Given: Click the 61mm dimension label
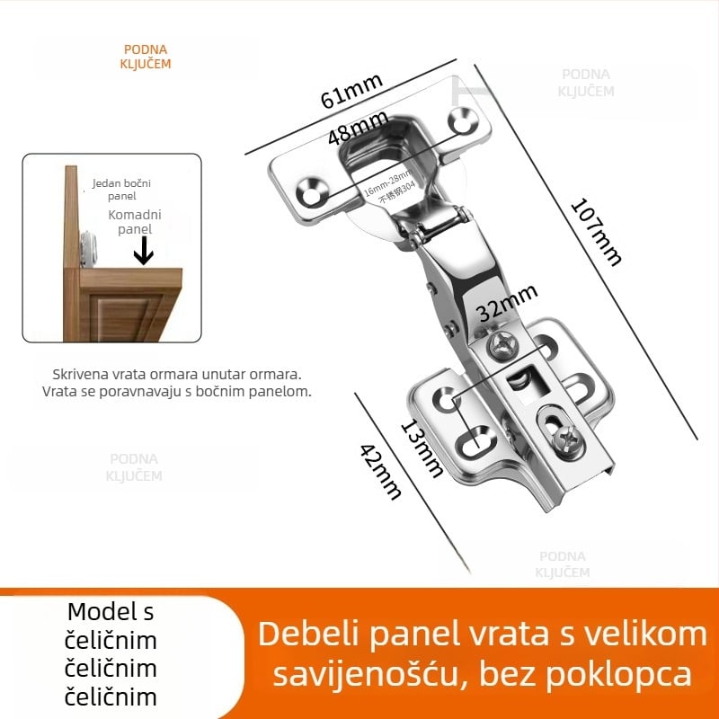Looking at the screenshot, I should pos(351,91).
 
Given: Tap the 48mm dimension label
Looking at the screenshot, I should pos(358,127).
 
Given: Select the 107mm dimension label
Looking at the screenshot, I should pos(596,231).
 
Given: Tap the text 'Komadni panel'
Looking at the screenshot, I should pos(130,222).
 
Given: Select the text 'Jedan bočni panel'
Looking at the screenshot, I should pos(121,189).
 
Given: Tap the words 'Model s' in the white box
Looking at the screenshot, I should pos(111,613).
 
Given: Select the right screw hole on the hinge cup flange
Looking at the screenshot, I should pos(465,120).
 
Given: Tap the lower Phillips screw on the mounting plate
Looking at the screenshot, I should pos(568,439).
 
